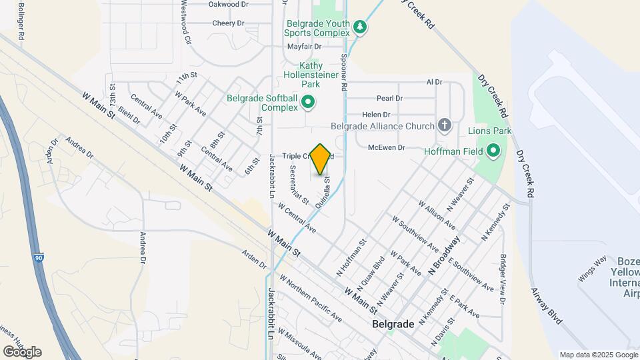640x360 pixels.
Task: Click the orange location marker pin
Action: pos(321,159)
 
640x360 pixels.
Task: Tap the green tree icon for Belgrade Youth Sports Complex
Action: pos(361,27)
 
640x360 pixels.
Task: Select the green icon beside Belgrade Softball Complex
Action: pos(308,102)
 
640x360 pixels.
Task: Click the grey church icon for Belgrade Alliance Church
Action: pos(445,125)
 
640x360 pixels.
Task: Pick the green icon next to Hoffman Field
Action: pos(493,151)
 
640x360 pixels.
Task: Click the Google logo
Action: pos(22,352)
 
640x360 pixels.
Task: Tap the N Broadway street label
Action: pos(445,255)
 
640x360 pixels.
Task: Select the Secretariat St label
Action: pos(299,185)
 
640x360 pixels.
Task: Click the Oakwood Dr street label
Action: pos(228,4)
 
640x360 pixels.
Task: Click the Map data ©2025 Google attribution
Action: pos(598,355)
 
